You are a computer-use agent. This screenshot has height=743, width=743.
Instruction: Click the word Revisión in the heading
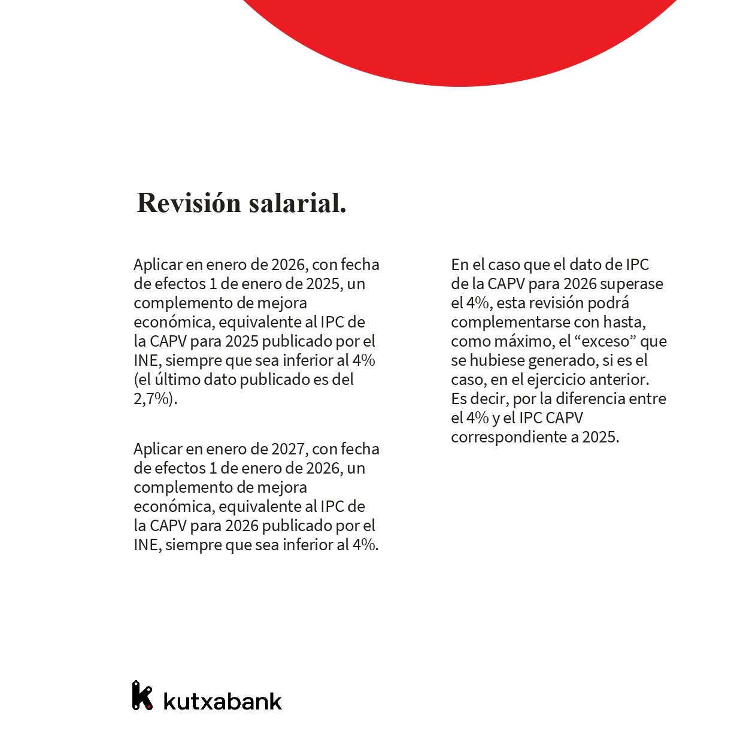[189, 204]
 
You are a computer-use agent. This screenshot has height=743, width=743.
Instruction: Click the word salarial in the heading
[297, 204]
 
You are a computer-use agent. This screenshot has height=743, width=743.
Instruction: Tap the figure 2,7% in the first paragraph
[153, 399]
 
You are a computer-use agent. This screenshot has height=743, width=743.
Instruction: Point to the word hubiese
[497, 360]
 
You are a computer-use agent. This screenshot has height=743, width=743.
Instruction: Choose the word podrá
[608, 303]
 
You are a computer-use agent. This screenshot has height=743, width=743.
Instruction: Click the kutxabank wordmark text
[222, 701]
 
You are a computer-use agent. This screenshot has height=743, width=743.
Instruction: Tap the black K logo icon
[142, 696]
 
